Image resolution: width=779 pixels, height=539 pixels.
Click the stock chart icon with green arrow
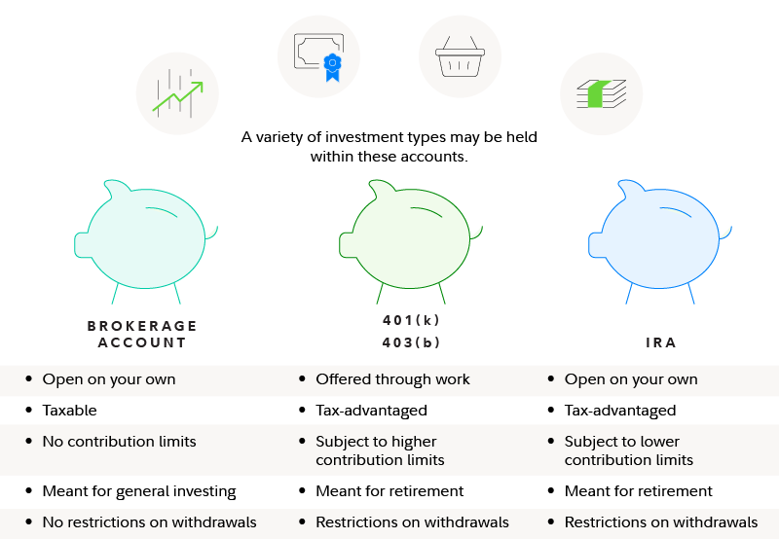[178, 92]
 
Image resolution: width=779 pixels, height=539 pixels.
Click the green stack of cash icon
[601, 93]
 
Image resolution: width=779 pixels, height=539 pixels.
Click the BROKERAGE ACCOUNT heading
[142, 334]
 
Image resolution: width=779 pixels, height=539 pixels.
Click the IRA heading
[661, 342]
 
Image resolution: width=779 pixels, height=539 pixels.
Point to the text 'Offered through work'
[392, 379]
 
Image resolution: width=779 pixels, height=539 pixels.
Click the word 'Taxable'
[69, 411]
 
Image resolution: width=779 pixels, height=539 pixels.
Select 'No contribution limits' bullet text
[119, 442]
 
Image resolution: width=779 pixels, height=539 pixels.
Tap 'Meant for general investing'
[139, 491]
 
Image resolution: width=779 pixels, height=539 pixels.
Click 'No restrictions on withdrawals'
[149, 522]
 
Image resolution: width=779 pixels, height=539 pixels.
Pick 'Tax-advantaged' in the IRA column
[620, 411]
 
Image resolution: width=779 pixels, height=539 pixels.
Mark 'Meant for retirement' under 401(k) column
[389, 491]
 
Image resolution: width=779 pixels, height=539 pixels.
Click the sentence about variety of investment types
[389, 146]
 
